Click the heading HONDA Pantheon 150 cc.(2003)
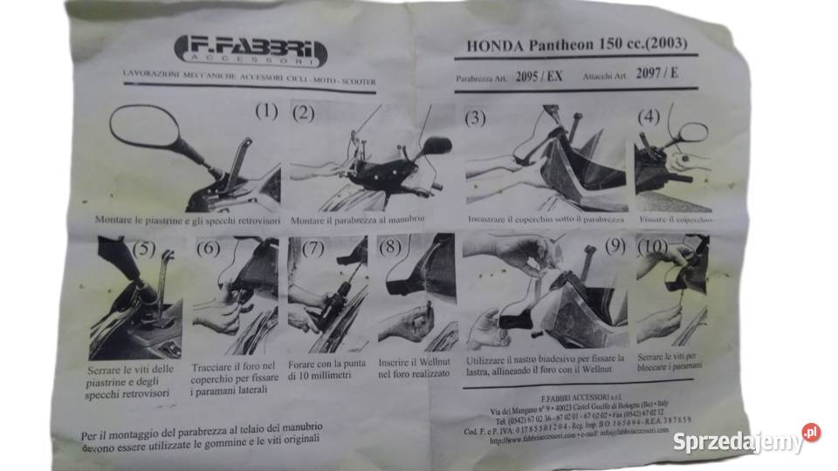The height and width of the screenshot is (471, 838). pyautogui.click(x=567, y=43)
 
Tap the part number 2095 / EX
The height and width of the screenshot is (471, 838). pyautogui.click(x=539, y=77)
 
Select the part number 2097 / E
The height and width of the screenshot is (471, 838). pyautogui.click(x=656, y=72)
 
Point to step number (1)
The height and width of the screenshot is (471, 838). pyautogui.click(x=265, y=111)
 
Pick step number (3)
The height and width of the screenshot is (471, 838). pyautogui.click(x=475, y=119)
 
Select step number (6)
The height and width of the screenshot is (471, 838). pyautogui.click(x=207, y=249)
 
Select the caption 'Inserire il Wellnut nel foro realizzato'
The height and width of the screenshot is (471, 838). pyautogui.click(x=415, y=367)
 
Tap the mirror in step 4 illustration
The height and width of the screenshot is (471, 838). pyautogui.click(x=692, y=133)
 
